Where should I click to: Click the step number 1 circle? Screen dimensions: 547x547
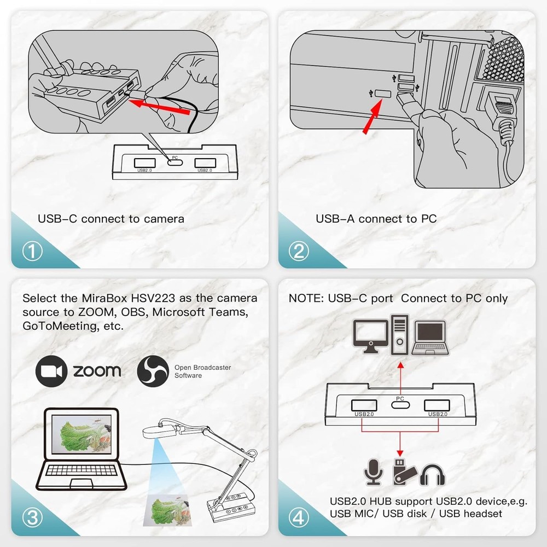33,251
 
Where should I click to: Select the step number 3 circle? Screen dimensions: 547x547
33,517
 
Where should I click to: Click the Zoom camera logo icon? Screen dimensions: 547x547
51,371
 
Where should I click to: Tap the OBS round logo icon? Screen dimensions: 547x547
153,371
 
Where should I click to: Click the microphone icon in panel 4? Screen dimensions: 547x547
373,472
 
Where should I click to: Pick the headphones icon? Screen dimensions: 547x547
432,474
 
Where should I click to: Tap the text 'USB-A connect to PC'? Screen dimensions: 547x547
376,219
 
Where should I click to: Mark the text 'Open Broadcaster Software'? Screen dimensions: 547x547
202,371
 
